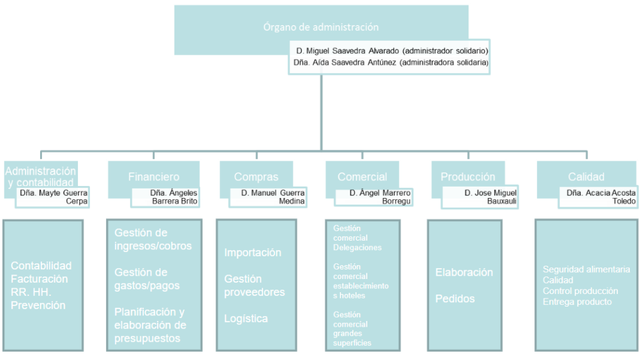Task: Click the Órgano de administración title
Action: pyautogui.click(x=321, y=28)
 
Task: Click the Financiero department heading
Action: pyautogui.click(x=153, y=177)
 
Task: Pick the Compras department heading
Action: pyautogui.click(x=256, y=177)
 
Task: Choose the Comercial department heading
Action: pyautogui.click(x=362, y=177)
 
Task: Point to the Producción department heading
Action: pyautogui.click(x=468, y=177)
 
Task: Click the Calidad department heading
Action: pyautogui.click(x=586, y=177)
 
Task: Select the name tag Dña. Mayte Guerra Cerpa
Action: pyautogui.click(x=54, y=197)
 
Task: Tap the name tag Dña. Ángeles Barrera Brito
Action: pyautogui.click(x=166, y=197)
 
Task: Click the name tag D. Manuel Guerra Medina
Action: pyautogui.click(x=273, y=197)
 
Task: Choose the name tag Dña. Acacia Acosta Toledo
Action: pyautogui.click(x=600, y=197)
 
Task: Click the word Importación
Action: pyautogui.click(x=252, y=253)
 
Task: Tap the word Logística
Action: pyautogui.click(x=246, y=319)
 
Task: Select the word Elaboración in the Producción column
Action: pyautogui.click(x=464, y=273)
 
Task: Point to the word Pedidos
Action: pyautogui.click(x=455, y=299)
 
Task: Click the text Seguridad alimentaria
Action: pyautogui.click(x=586, y=270)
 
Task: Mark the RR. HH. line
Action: pyautogui.click(x=30, y=292)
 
